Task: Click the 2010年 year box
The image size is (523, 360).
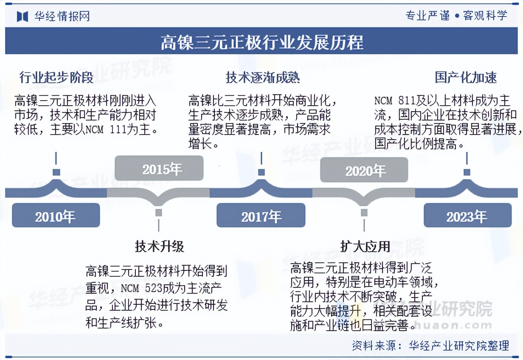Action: pyautogui.click(x=56, y=215)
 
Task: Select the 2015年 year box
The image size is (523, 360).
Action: pyautogui.click(x=159, y=169)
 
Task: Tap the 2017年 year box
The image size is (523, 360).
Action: pyautogui.click(x=261, y=215)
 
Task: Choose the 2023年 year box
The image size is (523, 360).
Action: pyautogui.click(x=467, y=215)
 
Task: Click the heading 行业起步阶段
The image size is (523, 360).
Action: pyautogui.click(x=56, y=78)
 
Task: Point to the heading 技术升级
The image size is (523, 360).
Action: pyautogui.click(x=159, y=247)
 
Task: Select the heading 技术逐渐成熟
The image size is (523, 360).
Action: pyautogui.click(x=262, y=78)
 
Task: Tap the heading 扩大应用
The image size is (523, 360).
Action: pyautogui.click(x=365, y=247)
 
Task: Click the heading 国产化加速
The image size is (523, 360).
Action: pyautogui.click(x=466, y=78)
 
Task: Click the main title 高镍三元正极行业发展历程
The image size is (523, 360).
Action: pyautogui.click(x=261, y=42)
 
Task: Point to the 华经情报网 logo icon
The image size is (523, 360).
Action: pyautogui.click(x=22, y=16)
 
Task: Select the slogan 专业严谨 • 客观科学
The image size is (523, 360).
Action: pyautogui.click(x=456, y=16)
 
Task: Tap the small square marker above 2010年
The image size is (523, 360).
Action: pyautogui.click(x=56, y=172)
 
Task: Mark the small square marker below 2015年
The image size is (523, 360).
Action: pyautogui.click(x=159, y=212)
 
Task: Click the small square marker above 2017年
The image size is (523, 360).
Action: pyautogui.click(x=261, y=172)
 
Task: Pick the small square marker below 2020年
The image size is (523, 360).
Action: pyautogui.click(x=364, y=212)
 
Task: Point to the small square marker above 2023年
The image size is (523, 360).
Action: pyautogui.click(x=467, y=172)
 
